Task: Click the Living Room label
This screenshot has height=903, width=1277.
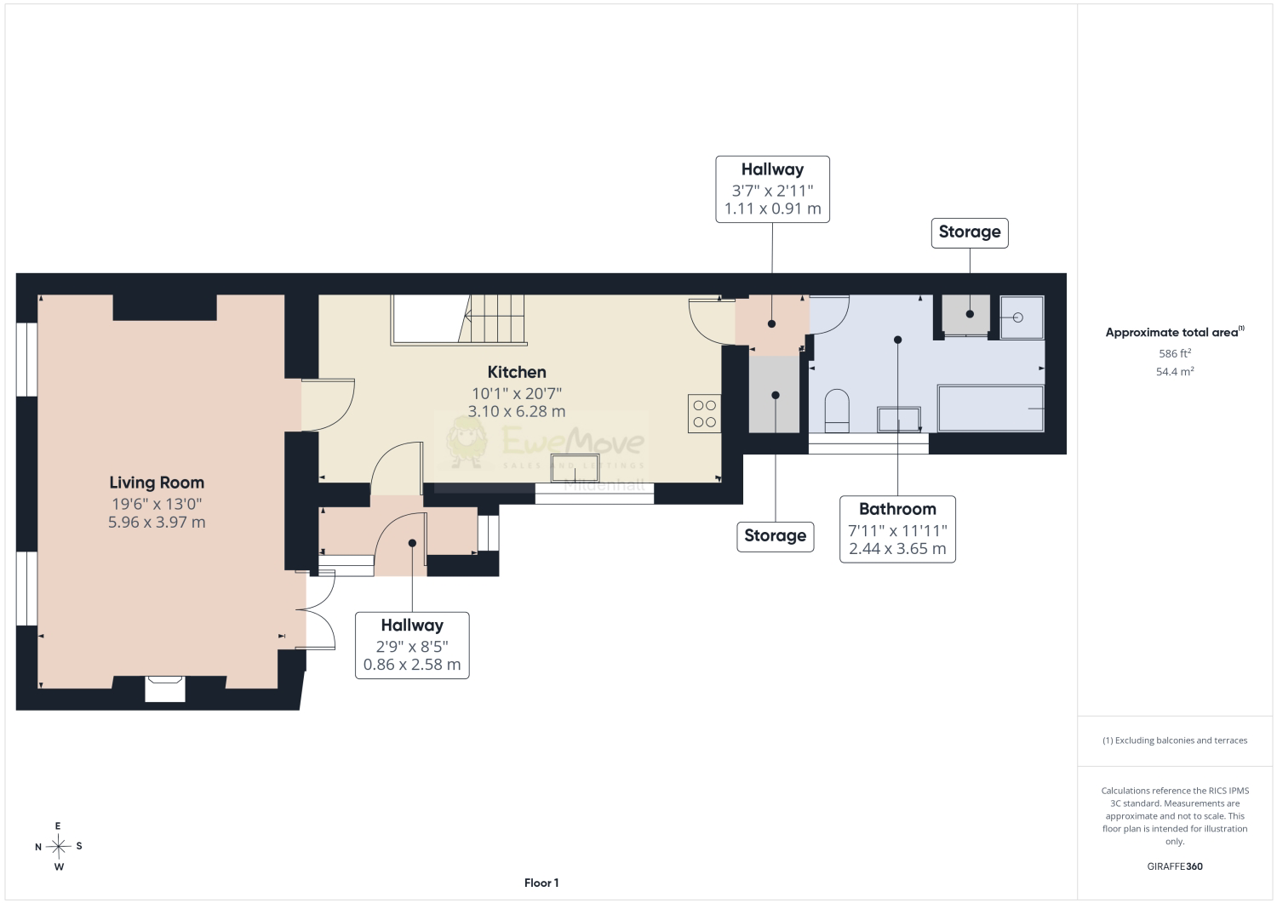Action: pyautogui.click(x=157, y=483)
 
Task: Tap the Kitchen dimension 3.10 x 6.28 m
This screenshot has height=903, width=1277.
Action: pyautogui.click(x=517, y=411)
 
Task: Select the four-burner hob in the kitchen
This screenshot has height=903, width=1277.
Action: pyautogui.click(x=704, y=414)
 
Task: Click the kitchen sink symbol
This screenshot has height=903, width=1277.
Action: pyautogui.click(x=575, y=467)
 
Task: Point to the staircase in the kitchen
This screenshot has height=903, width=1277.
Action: pyautogui.click(x=459, y=320)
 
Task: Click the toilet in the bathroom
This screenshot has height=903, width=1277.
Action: pyautogui.click(x=837, y=410)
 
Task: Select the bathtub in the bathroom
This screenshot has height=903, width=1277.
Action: pyautogui.click(x=991, y=409)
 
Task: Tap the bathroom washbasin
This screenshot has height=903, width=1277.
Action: pyautogui.click(x=898, y=420)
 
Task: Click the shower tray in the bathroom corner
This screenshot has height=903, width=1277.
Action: pyautogui.click(x=1022, y=317)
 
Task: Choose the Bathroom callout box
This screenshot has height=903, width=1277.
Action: pyautogui.click(x=897, y=529)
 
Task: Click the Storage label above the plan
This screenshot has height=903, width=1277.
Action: pyautogui.click(x=970, y=232)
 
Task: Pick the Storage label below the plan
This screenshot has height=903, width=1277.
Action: pyautogui.click(x=776, y=536)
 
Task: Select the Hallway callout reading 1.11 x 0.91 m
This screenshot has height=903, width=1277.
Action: pyautogui.click(x=772, y=189)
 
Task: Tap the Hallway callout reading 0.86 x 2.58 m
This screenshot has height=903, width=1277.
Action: pyautogui.click(x=412, y=645)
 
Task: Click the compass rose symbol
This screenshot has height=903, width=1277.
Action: pyautogui.click(x=58, y=847)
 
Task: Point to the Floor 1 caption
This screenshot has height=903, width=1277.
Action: pyautogui.click(x=541, y=883)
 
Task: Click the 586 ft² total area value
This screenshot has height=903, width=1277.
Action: pyautogui.click(x=1174, y=353)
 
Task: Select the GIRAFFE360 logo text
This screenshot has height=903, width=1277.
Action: pyautogui.click(x=1174, y=866)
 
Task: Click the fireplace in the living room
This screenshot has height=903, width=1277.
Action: pyautogui.click(x=165, y=689)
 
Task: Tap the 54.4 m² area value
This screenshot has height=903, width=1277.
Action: pyautogui.click(x=1174, y=371)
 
